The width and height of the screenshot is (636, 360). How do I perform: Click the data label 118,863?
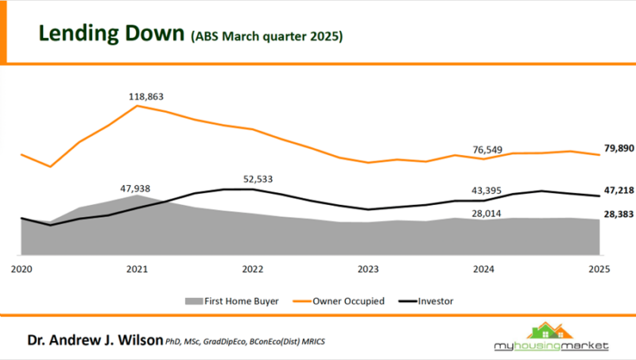[x=146, y=96]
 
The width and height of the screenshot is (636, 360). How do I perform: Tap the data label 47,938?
[x=136, y=189]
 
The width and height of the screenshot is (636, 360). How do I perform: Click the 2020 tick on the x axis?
[x=21, y=269]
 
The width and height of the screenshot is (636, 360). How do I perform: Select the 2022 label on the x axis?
[x=253, y=269]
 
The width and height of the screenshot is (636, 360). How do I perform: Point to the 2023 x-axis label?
[x=368, y=269]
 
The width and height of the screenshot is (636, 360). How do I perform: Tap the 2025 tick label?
[x=599, y=269]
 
